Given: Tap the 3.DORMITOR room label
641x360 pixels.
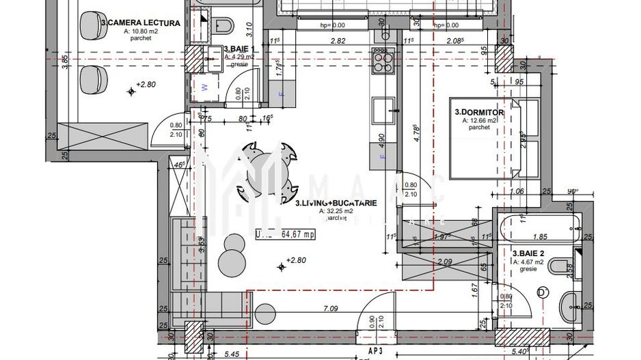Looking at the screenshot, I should tap(479, 112).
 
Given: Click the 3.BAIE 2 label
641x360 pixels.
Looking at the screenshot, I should tap(528, 253).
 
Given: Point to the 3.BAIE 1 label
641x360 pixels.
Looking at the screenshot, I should tap(239, 50).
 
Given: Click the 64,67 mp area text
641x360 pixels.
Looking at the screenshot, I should tap(298, 234).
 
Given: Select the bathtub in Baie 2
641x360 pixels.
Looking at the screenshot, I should tap(539, 224).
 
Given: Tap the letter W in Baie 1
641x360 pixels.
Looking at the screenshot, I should tap(203, 87).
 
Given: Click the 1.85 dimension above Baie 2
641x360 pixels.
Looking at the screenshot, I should tap(540, 237).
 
